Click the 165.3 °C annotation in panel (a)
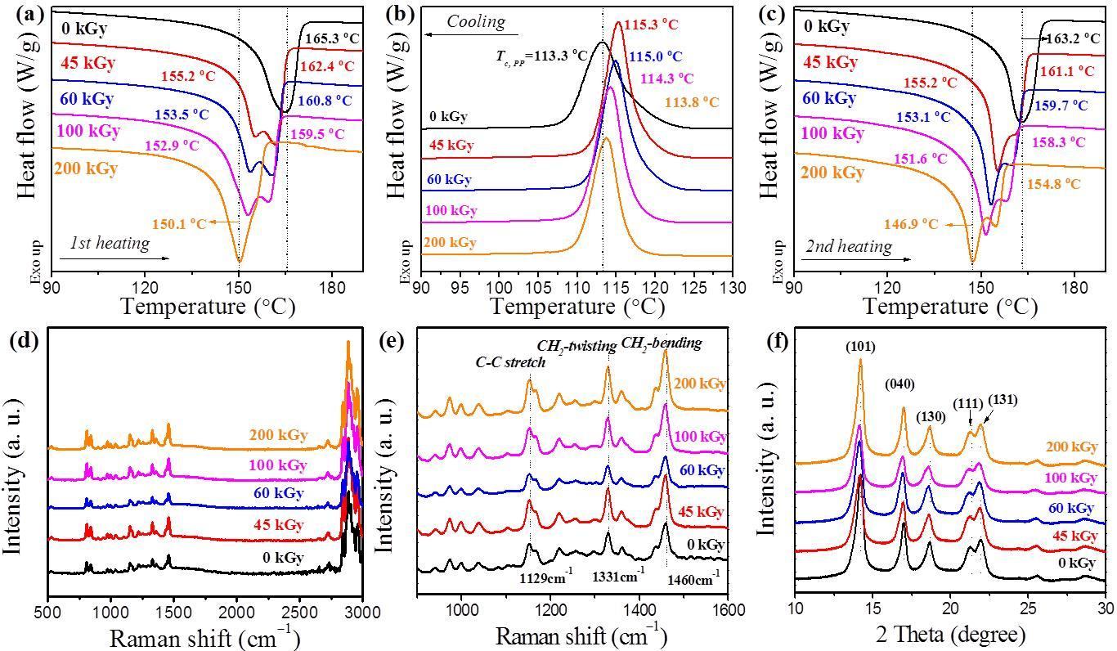pyautogui.click(x=332, y=38)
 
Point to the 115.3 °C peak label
pyautogui.click(x=651, y=25)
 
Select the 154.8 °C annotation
pyautogui.click(x=1053, y=184)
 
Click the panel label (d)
pyautogui.click(x=24, y=341)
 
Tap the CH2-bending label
pyautogui.click(x=662, y=343)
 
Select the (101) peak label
pyautogui.click(x=860, y=347)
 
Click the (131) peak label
pyautogui.click(x=1003, y=400)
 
